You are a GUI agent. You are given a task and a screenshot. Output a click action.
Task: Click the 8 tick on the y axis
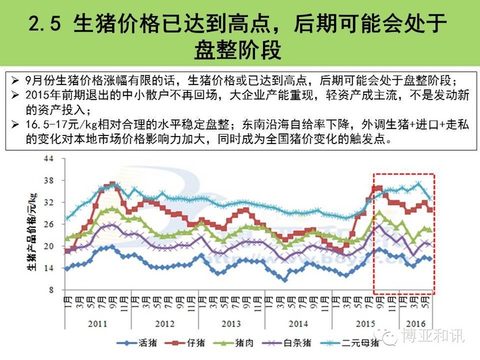pyautogui.click(x=50, y=290)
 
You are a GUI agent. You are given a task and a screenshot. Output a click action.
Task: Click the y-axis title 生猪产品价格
pyautogui.click(x=31, y=227)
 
